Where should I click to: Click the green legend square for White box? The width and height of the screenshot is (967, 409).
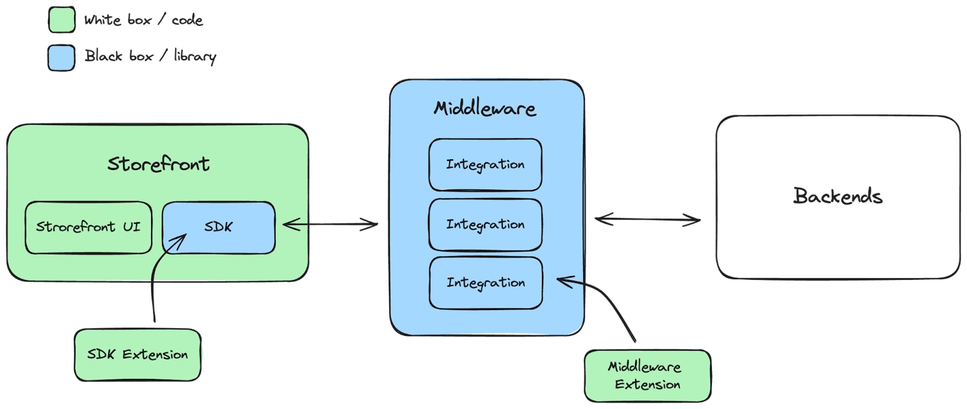tap(62, 20)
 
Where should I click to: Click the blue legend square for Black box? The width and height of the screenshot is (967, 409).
tap(62, 57)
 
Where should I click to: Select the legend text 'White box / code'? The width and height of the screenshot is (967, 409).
tap(144, 20)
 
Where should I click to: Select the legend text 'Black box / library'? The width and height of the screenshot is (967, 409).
tap(150, 57)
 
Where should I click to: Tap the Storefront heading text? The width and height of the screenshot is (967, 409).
tap(158, 164)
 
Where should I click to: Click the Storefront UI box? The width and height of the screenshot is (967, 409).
tap(88, 227)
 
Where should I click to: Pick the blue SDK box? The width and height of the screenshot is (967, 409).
tap(218, 227)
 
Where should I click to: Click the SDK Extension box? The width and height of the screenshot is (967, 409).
tap(137, 354)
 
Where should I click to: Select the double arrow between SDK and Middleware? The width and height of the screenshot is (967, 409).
tap(330, 223)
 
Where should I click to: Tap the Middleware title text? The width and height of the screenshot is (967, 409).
tap(485, 109)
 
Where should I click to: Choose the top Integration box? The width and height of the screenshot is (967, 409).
tap(485, 165)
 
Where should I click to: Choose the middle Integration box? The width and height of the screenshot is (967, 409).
tap(485, 225)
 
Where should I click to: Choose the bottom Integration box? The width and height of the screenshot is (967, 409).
tap(485, 283)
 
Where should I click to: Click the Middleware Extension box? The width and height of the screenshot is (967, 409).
tap(647, 376)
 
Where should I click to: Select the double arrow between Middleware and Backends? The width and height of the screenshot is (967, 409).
tap(647, 220)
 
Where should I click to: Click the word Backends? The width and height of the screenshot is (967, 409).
tap(837, 196)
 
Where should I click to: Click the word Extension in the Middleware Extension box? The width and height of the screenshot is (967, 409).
tap(647, 384)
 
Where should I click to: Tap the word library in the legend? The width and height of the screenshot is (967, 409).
tap(194, 57)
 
